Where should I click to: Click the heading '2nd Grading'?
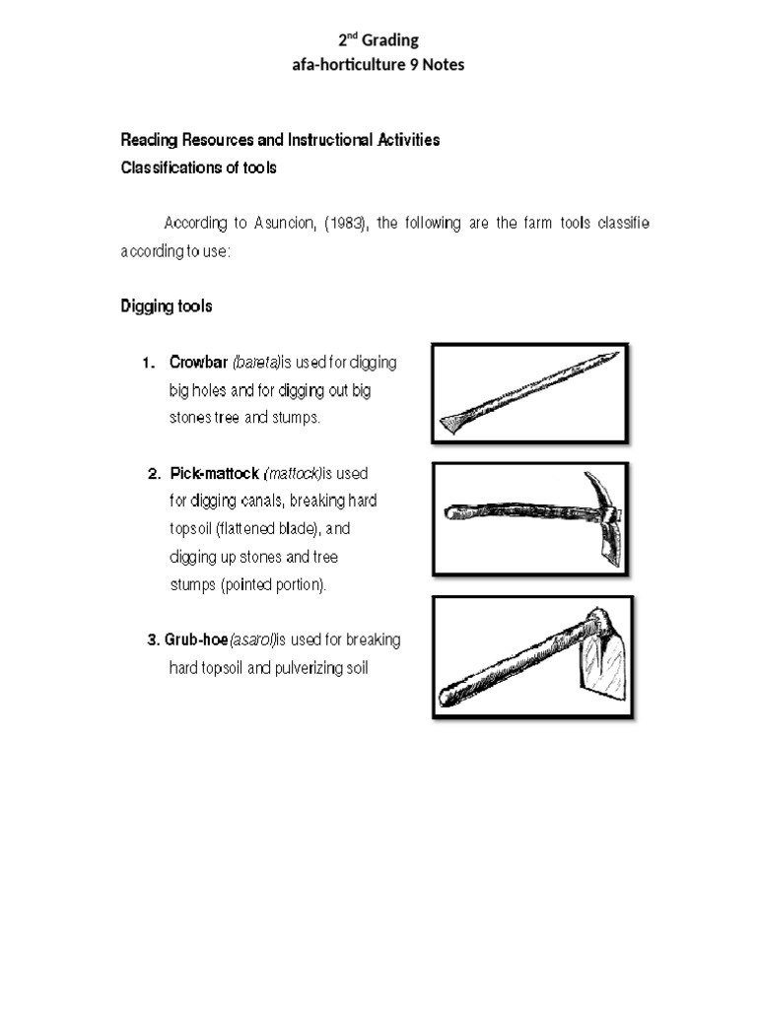pos(378,40)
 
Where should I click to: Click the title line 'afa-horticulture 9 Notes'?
pos(378,65)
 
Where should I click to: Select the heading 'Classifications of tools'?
pos(198,168)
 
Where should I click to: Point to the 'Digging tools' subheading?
pos(166,306)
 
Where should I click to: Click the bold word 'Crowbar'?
pos(198,363)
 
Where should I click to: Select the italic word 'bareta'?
pos(256,363)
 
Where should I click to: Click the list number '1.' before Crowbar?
pos(148,363)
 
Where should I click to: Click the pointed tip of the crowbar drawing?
pos(612,356)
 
